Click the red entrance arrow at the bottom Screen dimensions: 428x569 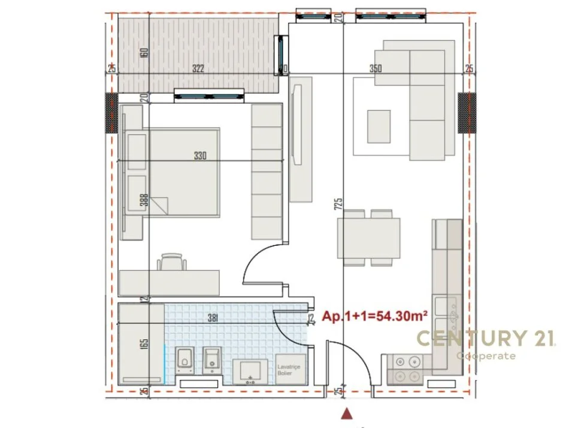pos(346,413)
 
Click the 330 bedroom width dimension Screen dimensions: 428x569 pos(200,156)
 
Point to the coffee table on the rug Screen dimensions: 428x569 pos(379,126)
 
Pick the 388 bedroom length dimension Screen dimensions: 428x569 pos(144,199)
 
